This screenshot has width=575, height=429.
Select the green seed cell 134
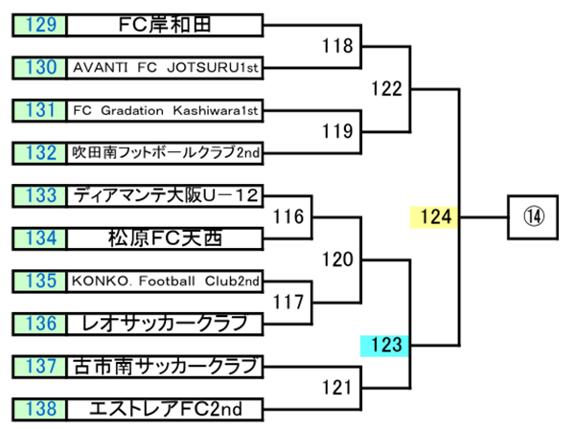pos(40,237)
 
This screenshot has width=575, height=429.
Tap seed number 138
pos(40,409)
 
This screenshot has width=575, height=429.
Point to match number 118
pos(336,45)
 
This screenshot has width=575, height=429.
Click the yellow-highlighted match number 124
pos(435,216)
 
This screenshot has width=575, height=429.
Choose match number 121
pos(336,387)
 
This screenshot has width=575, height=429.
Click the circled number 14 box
pos(534,216)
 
